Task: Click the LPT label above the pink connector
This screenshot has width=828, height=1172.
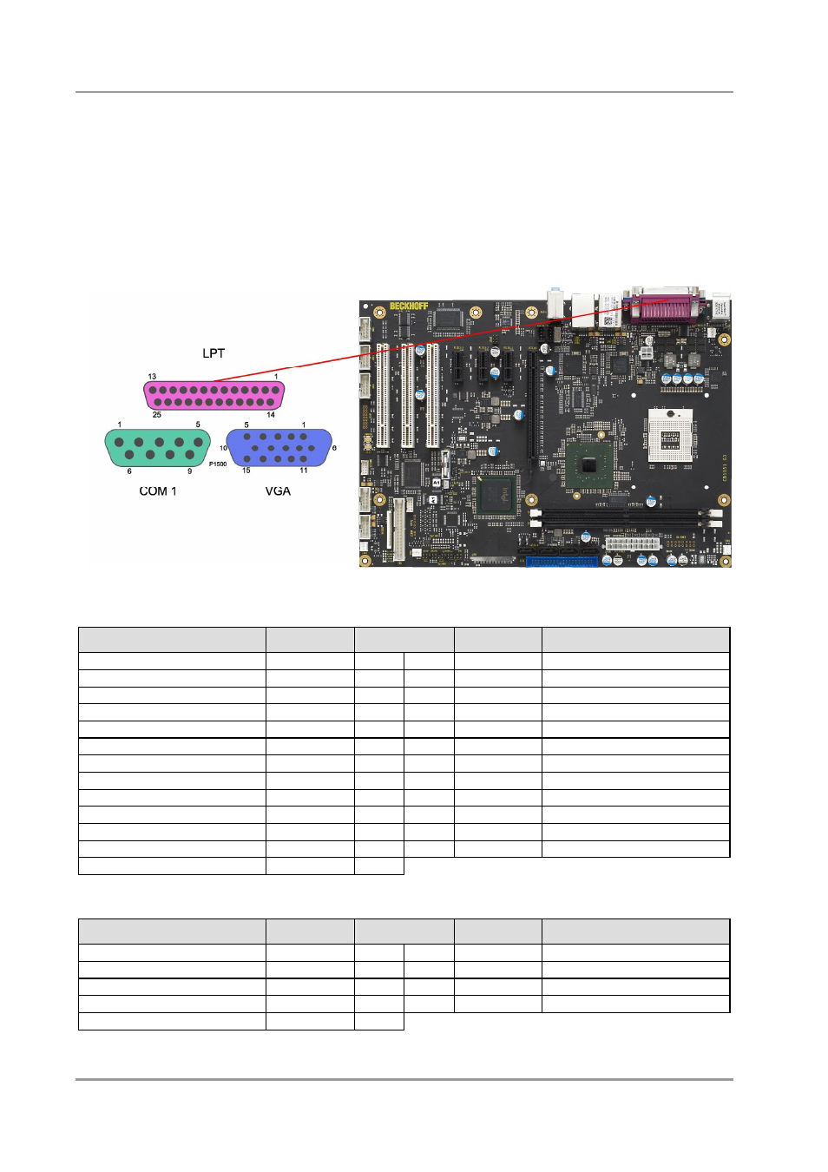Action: click(x=214, y=353)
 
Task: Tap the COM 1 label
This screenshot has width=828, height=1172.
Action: click(x=158, y=491)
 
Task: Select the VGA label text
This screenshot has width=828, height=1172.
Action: click(x=278, y=491)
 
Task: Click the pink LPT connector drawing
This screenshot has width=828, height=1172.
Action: click(x=214, y=396)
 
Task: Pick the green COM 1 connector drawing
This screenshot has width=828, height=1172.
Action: click(x=157, y=448)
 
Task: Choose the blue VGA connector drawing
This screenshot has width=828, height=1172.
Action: click(x=279, y=448)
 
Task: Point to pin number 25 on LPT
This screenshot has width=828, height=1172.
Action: click(x=157, y=415)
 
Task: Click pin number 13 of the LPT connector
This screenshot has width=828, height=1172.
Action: click(x=152, y=377)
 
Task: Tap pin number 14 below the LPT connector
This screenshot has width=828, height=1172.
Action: click(x=271, y=415)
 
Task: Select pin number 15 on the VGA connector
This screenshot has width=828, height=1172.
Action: click(x=246, y=471)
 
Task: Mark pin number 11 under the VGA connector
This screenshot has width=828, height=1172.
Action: click(x=304, y=471)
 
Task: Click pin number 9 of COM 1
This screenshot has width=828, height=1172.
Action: click(x=190, y=471)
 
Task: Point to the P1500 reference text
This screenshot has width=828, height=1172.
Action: click(x=218, y=464)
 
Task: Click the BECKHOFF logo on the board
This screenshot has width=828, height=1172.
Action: click(x=409, y=306)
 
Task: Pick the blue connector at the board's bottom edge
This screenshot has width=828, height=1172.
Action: click(x=562, y=562)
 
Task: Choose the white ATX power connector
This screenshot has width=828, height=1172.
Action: click(x=633, y=543)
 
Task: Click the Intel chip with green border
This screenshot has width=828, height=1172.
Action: click(x=496, y=497)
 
